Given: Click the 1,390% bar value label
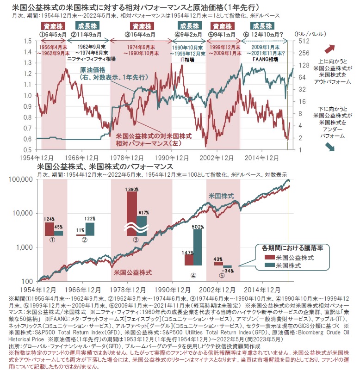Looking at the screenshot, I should (131, 190).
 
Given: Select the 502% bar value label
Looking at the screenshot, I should (198, 226).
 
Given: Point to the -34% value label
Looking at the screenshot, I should (227, 270).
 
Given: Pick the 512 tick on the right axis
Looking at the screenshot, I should (301, 41).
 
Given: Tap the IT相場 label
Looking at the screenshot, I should (189, 60).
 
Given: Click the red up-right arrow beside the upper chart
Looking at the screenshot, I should (330, 49).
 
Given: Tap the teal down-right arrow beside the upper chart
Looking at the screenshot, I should (330, 147).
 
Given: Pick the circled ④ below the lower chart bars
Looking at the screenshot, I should (193, 274).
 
